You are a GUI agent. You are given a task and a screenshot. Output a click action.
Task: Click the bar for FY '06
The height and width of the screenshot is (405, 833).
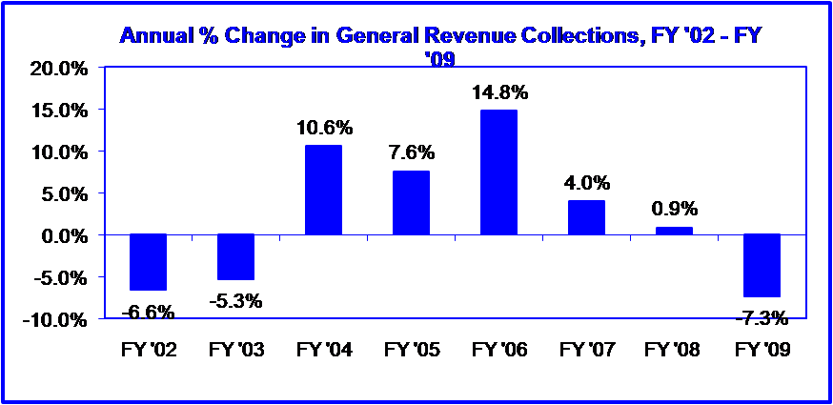click(498, 172)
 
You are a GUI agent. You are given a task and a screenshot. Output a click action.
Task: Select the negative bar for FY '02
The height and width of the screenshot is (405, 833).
click(149, 262)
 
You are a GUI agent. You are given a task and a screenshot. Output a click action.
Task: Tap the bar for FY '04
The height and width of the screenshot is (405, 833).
click(323, 190)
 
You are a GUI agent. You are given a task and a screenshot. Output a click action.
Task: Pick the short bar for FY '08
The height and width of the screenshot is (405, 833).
click(674, 231)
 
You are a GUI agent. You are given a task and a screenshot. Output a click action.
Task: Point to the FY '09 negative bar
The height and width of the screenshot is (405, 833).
click(762, 265)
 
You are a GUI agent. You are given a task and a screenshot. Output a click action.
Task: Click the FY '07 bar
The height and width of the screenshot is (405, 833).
click(586, 217)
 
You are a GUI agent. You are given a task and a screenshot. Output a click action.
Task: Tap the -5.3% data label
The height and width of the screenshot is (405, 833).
click(235, 301)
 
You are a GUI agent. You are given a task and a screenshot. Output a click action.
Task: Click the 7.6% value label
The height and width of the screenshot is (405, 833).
click(411, 153)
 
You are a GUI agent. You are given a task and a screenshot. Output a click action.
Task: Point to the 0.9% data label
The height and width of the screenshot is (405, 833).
click(674, 210)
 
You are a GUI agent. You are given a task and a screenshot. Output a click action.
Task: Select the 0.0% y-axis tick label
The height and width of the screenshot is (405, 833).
click(61, 235)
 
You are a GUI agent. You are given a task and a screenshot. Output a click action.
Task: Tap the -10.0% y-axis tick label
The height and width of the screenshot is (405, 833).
click(53, 319)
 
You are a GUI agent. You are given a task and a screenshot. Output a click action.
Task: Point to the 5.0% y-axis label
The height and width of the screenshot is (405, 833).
click(61, 194)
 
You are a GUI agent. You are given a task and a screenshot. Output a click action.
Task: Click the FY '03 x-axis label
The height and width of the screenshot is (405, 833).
click(235, 351)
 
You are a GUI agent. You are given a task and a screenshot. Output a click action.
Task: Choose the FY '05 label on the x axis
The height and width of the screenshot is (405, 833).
click(411, 351)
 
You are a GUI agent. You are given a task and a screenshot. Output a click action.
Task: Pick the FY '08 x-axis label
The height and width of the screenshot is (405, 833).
click(673, 351)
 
